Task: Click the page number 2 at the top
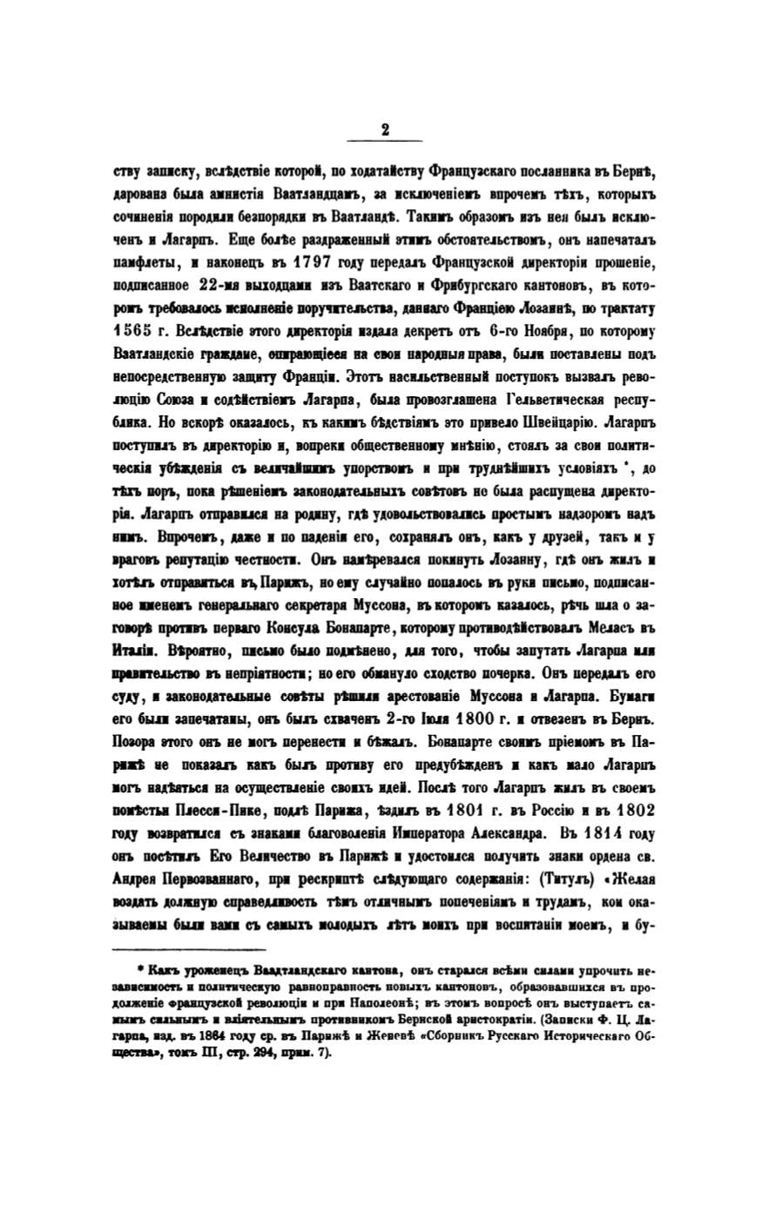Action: pyautogui.click(x=384, y=129)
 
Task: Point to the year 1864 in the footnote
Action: pyautogui.click(x=250, y=1017)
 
